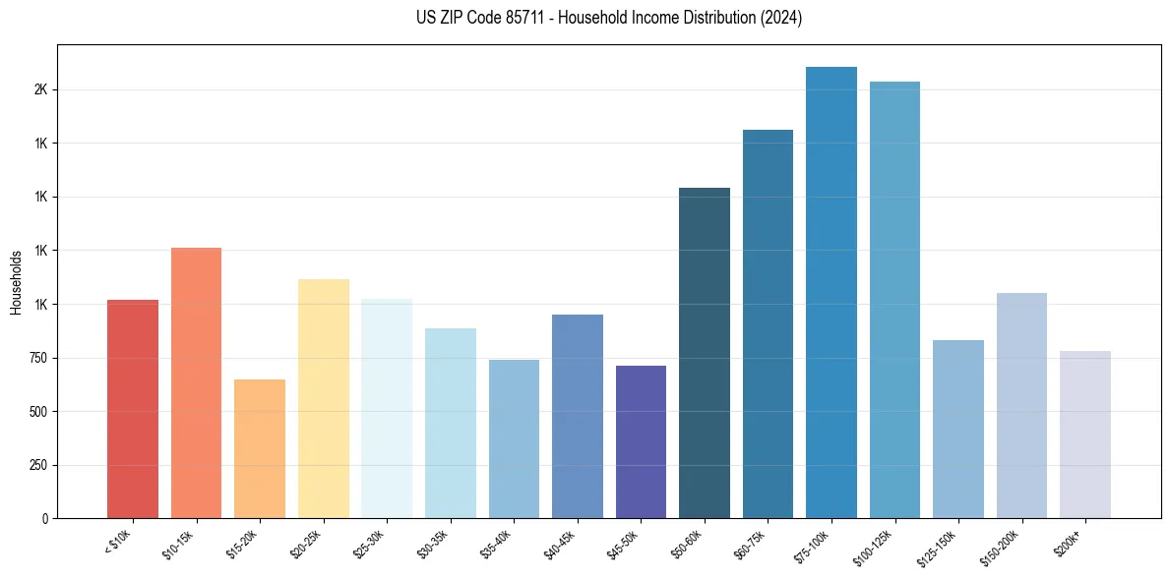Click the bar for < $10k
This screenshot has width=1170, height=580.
coord(133,409)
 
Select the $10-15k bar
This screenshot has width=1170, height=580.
coord(196,383)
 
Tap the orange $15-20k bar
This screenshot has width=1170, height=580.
coord(260,449)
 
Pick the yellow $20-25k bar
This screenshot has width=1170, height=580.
coord(323,399)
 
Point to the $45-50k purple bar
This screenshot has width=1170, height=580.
coord(641,442)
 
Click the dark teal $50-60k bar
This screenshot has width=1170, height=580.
coord(705,353)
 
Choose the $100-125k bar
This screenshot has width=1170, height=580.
coord(894,300)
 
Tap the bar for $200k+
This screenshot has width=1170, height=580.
coord(1085,435)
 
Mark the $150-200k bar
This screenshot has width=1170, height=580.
coord(1021,406)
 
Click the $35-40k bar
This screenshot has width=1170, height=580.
coord(514,439)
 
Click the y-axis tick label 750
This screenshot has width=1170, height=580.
coord(38,358)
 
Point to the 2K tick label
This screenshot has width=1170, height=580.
coord(40,89)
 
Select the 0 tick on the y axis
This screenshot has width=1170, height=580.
coord(45,518)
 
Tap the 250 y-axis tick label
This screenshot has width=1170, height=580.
coord(38,465)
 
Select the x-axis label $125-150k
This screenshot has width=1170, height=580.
coord(939,548)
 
